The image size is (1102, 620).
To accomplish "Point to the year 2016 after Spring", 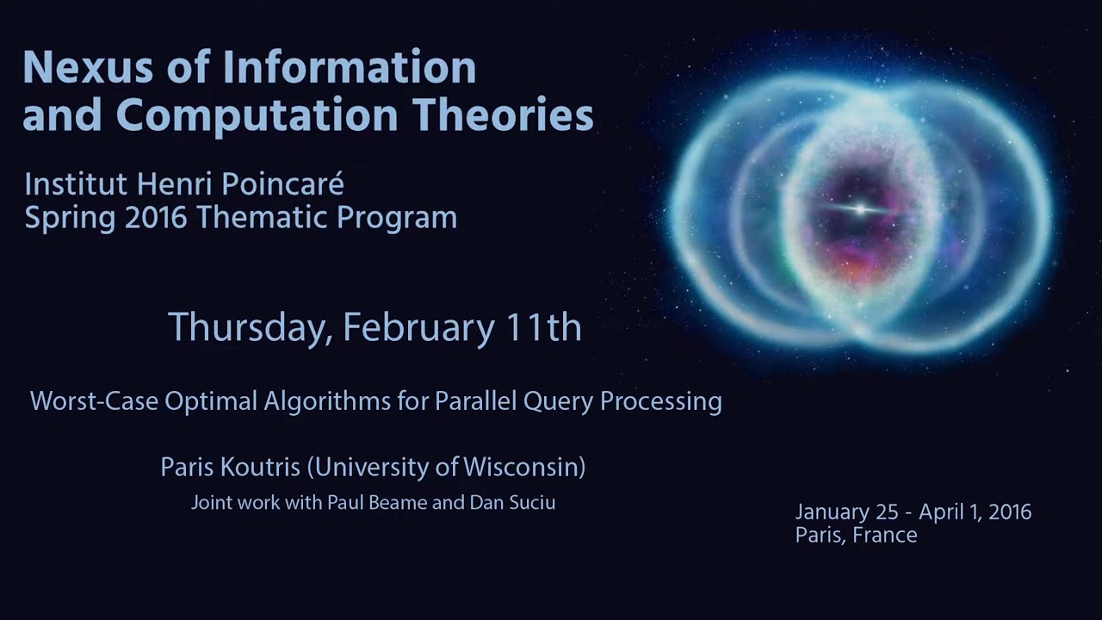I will pyautogui.click(x=156, y=218).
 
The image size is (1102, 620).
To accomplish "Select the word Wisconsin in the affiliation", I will pyautogui.click(x=523, y=468).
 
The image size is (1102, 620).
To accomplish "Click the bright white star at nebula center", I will pyautogui.click(x=860, y=209).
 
